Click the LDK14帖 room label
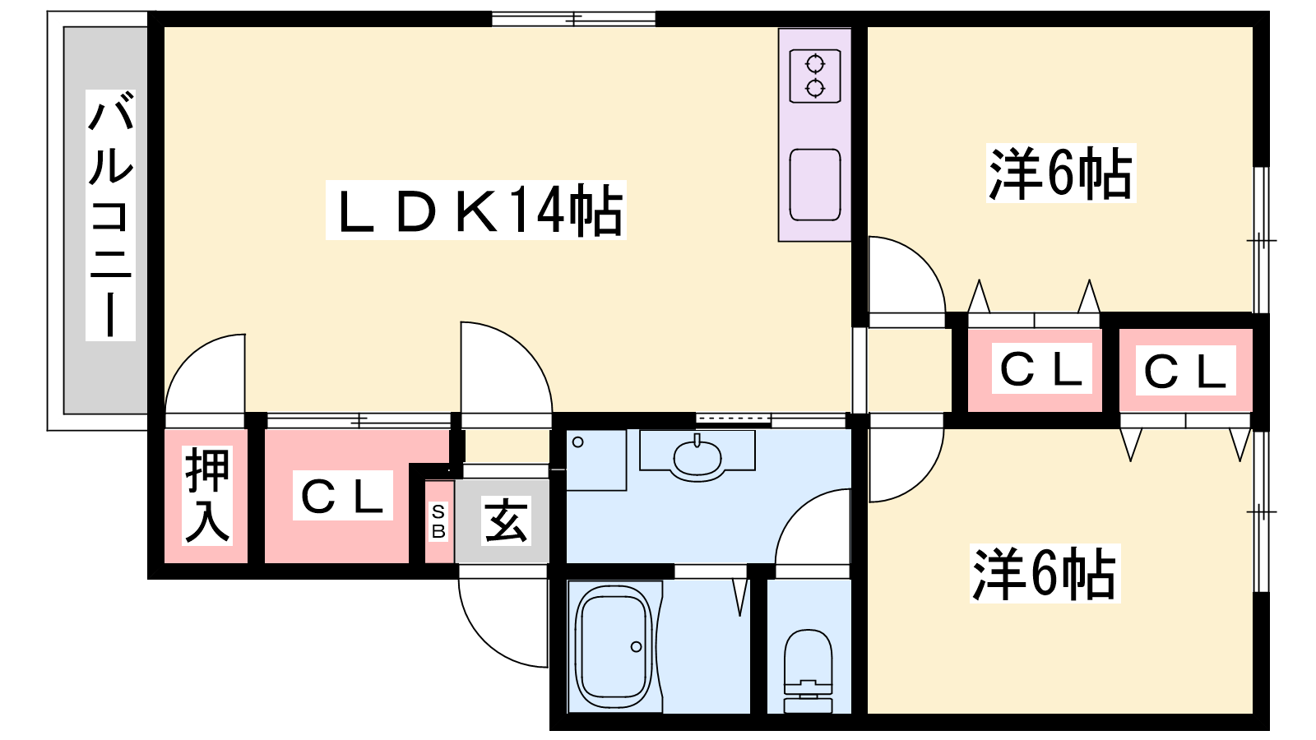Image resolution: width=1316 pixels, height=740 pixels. [477, 210]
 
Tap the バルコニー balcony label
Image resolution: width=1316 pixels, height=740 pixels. [110, 216]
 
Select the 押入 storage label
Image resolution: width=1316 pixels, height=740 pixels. [206, 496]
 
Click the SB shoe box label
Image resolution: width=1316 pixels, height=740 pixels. [438, 521]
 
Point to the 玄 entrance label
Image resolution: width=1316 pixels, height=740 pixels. [505, 521]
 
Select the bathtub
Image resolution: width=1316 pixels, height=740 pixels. [614, 646]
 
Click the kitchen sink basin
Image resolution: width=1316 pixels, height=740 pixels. [815, 184]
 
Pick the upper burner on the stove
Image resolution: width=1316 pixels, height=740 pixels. [815, 63]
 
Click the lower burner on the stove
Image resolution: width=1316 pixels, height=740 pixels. [815, 88]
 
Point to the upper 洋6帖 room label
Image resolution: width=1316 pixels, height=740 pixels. [1060, 173]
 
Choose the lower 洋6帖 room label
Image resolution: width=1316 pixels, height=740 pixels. [1045, 573]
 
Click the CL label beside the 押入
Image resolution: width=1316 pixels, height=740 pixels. [342, 496]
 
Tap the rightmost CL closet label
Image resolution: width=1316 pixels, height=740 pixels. [1185, 371]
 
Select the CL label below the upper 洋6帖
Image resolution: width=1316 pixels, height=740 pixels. [1041, 369]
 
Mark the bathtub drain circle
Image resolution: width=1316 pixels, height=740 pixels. [637, 646]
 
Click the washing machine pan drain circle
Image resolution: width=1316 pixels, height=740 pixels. [578, 442]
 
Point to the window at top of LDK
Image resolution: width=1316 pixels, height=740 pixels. [573, 20]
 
